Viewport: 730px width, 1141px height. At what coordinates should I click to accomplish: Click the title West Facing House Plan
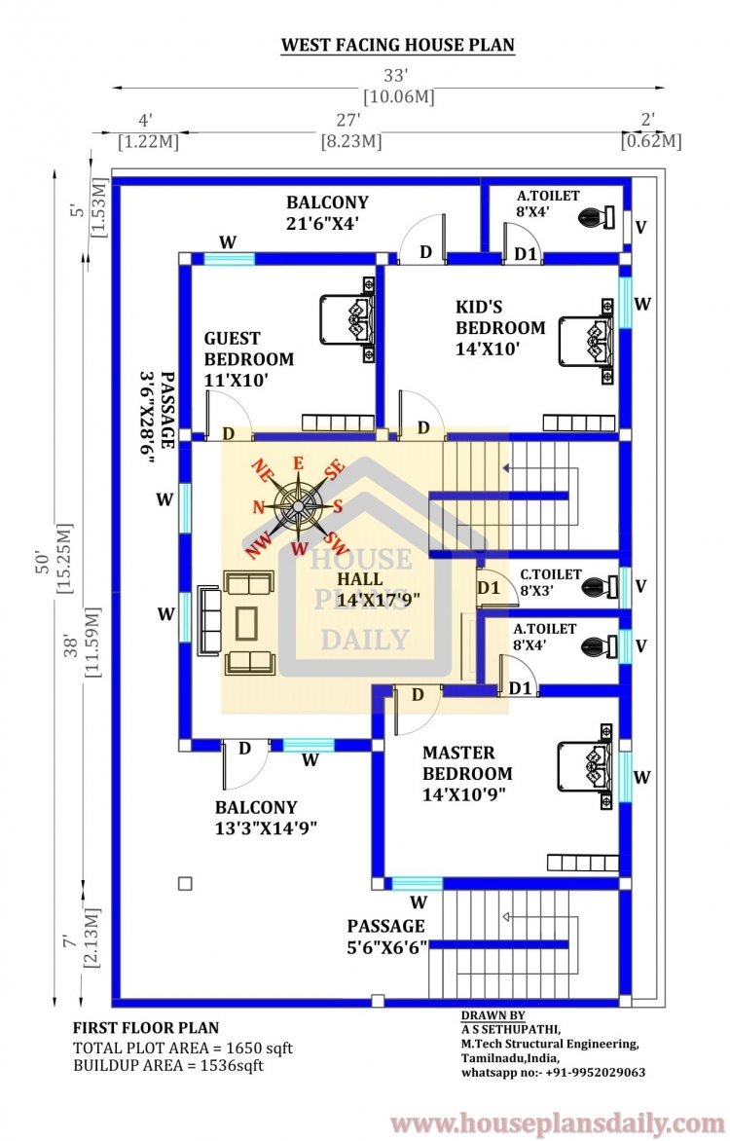[x=397, y=45]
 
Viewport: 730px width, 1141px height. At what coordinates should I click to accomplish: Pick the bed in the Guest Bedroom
[x=348, y=319]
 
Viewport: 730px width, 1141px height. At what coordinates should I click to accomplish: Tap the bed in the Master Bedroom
[x=586, y=763]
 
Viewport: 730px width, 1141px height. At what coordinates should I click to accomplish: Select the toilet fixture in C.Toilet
[x=599, y=587]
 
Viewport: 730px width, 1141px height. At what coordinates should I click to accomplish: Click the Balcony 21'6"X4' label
[x=327, y=212]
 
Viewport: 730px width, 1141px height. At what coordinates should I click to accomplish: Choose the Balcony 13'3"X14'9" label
[x=267, y=818]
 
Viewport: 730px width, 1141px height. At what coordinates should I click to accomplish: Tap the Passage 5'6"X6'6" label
[x=386, y=936]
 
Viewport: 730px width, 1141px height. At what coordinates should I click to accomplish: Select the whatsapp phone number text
[x=553, y=1072]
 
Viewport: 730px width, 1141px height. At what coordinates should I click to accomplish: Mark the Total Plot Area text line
[x=182, y=1049]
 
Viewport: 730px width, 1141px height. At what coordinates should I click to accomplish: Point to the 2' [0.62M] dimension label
[x=650, y=130]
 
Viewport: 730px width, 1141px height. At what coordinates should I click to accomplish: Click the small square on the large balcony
[x=185, y=883]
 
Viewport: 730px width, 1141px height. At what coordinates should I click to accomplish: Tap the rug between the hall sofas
[x=247, y=623]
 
